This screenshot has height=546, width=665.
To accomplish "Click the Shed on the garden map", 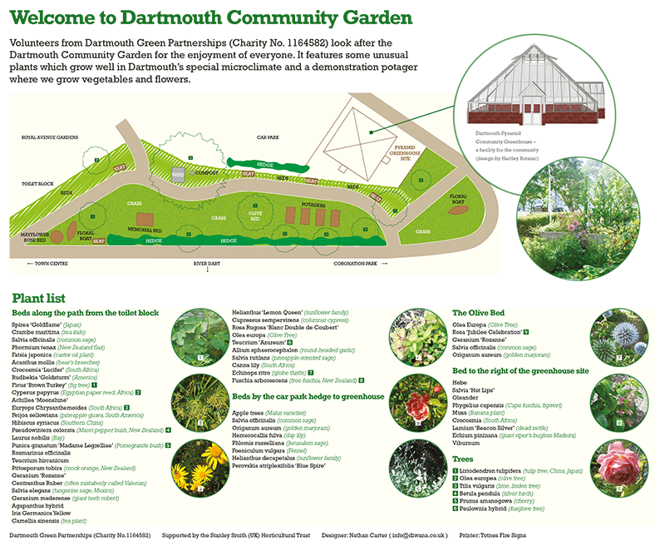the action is pos(177,174).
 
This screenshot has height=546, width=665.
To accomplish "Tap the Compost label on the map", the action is pos(204,172).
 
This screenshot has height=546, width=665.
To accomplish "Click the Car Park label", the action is pos(267,136).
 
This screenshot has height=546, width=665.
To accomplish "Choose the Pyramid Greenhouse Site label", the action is pos(405,151).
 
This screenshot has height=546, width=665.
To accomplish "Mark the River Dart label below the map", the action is pos(207,264).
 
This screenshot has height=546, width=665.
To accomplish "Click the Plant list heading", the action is pos(39,298).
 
